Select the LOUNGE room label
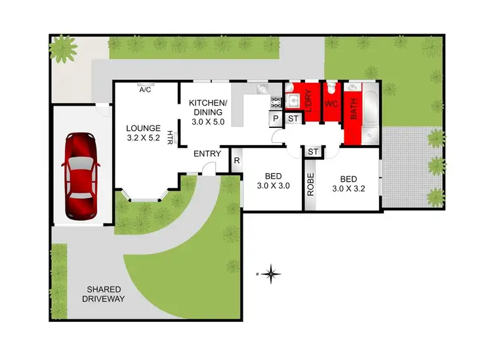pyautogui.click(x=142, y=134)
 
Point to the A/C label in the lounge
pyautogui.click(x=145, y=90)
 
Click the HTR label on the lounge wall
pyautogui.click(x=170, y=138)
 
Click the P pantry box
pyautogui.click(x=276, y=119)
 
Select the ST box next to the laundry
pyautogui.click(x=293, y=119)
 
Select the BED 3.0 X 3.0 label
pyautogui.click(x=273, y=181)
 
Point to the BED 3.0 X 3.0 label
pyautogui.click(x=273, y=181)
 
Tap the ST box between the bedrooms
pyautogui.click(x=313, y=152)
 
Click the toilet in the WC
pyautogui.click(x=332, y=89)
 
